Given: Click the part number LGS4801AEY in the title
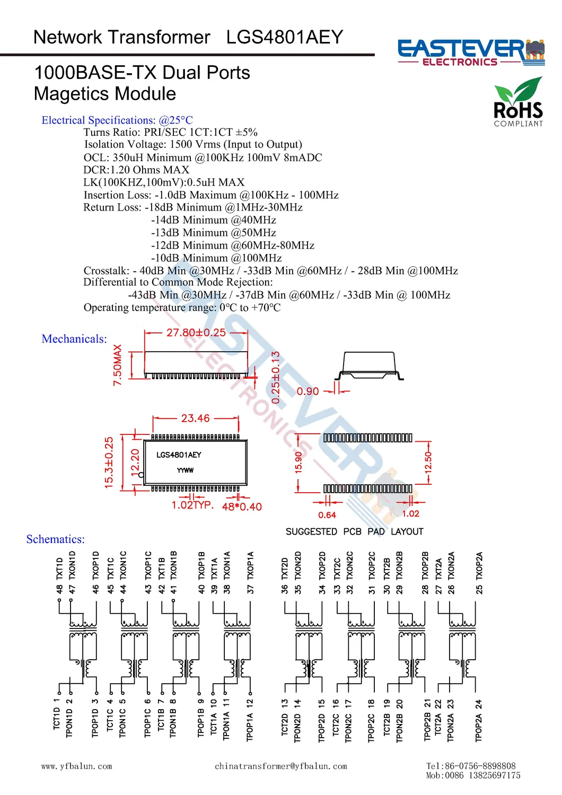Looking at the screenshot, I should pos(284,37).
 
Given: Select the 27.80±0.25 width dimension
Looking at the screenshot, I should pos(196,333).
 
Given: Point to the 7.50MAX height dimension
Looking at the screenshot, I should pos(118,365).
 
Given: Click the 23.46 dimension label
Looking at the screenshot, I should pos(195,418).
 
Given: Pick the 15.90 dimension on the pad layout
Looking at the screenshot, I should pos(298,462).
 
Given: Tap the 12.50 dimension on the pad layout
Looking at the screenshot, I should pos(428,462).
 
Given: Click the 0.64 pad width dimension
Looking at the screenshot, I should pos(327,515).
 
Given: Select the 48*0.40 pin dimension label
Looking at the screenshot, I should pos(242,507).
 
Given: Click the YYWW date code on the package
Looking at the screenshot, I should pos(185,470).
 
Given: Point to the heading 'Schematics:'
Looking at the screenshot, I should pos(56,539).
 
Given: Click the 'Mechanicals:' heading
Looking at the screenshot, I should pos(74,339).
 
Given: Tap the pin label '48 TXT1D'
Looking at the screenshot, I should pos(59,575).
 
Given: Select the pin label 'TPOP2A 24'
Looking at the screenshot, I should pos(479,720).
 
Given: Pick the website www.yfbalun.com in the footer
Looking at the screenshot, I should pos(77,766).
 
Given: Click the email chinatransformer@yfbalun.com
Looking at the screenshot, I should pos(281,766).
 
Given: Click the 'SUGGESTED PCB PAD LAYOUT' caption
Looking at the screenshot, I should pos(354,531).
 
